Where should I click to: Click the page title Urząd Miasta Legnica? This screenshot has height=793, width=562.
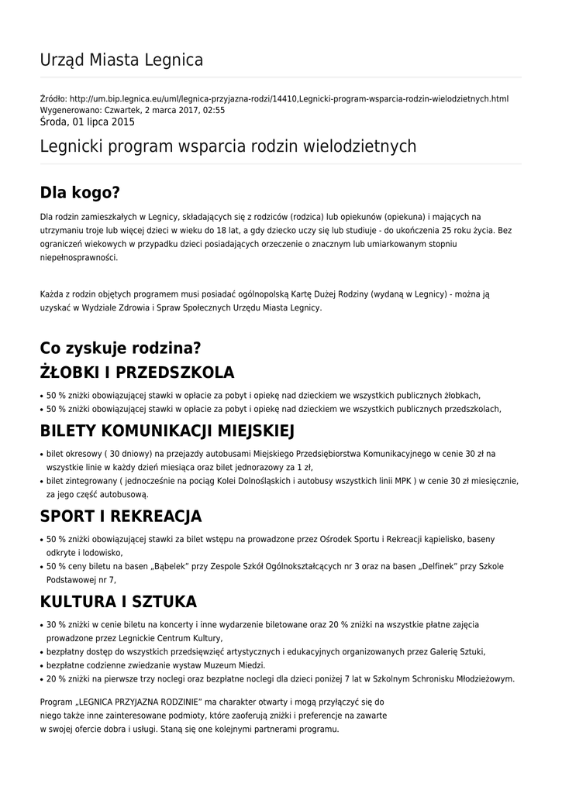click(122, 60)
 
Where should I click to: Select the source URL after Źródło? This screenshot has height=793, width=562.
click(289, 99)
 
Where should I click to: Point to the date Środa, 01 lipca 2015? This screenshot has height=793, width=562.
click(87, 122)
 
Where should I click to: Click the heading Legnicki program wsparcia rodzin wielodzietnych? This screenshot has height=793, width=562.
click(228, 146)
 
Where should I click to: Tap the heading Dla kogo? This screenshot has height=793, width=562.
click(81, 193)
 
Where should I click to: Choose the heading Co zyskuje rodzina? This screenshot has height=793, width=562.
click(120, 348)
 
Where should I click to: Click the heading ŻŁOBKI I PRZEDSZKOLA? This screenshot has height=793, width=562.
click(137, 372)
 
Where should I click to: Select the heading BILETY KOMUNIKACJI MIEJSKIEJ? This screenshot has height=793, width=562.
click(167, 430)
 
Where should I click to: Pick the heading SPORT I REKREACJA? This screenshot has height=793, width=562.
click(121, 516)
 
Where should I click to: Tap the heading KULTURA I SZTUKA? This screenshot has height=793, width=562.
click(119, 602)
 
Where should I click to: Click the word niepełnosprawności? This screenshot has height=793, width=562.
click(79, 258)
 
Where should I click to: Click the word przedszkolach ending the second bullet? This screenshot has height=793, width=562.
click(471, 409)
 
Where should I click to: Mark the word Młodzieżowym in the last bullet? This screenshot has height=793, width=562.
click(481, 679)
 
